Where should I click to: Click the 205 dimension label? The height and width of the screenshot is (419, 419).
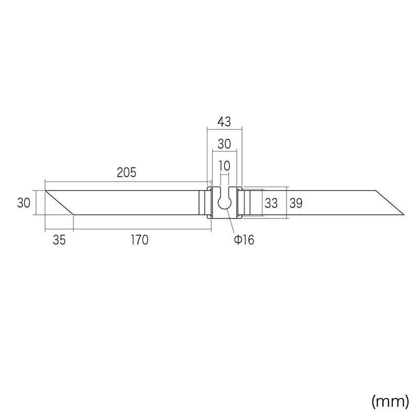point(126,172)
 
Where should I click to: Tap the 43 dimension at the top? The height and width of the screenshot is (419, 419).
point(224,122)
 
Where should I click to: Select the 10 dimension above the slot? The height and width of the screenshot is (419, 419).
point(224,166)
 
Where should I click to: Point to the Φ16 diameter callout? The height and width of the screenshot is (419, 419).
point(244,240)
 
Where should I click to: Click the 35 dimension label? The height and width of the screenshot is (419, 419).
point(59,240)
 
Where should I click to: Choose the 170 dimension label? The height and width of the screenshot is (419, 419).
point(139,240)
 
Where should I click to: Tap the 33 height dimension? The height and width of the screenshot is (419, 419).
point(271,203)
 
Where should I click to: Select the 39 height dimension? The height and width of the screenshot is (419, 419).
point(296,203)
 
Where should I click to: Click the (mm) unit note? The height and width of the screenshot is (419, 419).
point(390,401)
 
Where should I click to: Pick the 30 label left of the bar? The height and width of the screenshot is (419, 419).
point(24,203)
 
